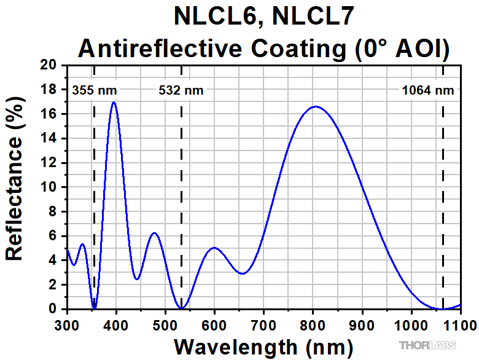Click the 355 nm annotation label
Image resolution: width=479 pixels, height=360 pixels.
(95, 91)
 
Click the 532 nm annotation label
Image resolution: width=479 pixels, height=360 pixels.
(181, 91)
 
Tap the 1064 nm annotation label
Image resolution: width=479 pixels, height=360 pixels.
(428, 91)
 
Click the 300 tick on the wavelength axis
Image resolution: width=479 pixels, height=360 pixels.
(67, 325)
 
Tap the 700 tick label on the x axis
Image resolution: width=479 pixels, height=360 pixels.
(263, 325)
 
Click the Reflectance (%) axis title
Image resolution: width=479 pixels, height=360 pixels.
(15, 187)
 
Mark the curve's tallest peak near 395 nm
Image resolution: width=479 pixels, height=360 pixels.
(114, 102)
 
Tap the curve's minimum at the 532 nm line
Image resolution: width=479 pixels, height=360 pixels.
(181, 308)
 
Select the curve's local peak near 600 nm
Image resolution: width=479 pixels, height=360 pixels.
(214, 248)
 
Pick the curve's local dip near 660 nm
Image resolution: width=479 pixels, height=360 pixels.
(243, 273)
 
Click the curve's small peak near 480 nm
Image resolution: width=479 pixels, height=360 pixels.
(155, 233)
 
